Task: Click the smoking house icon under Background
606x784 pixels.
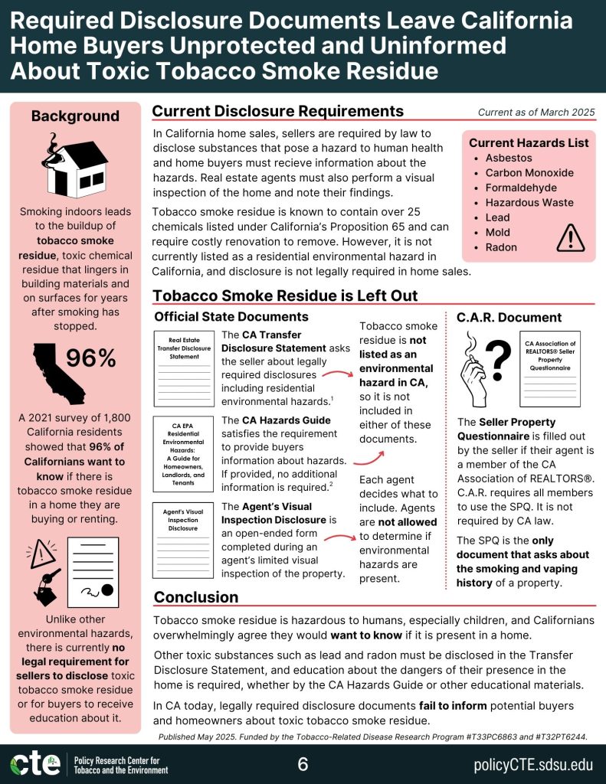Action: pyautogui.click(x=75, y=165)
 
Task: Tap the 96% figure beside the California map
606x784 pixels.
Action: pyautogui.click(x=90, y=358)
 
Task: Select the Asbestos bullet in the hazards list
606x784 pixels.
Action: pyautogui.click(x=509, y=158)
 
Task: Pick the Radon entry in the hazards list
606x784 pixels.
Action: pyautogui.click(x=501, y=247)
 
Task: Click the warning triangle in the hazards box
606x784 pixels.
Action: pyautogui.click(x=570, y=237)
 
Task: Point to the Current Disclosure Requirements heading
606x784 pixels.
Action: pyautogui.click(x=278, y=112)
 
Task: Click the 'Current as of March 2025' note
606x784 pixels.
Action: pyautogui.click(x=536, y=113)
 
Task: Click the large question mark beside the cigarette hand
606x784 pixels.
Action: pyautogui.click(x=499, y=356)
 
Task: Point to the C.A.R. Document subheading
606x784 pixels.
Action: pyautogui.click(x=509, y=317)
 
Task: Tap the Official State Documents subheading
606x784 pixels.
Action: pyautogui.click(x=231, y=316)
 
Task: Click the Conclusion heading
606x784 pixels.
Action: pyautogui.click(x=196, y=597)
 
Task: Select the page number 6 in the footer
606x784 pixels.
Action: pyautogui.click(x=303, y=764)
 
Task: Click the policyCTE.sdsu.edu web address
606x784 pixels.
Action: pyautogui.click(x=534, y=764)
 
